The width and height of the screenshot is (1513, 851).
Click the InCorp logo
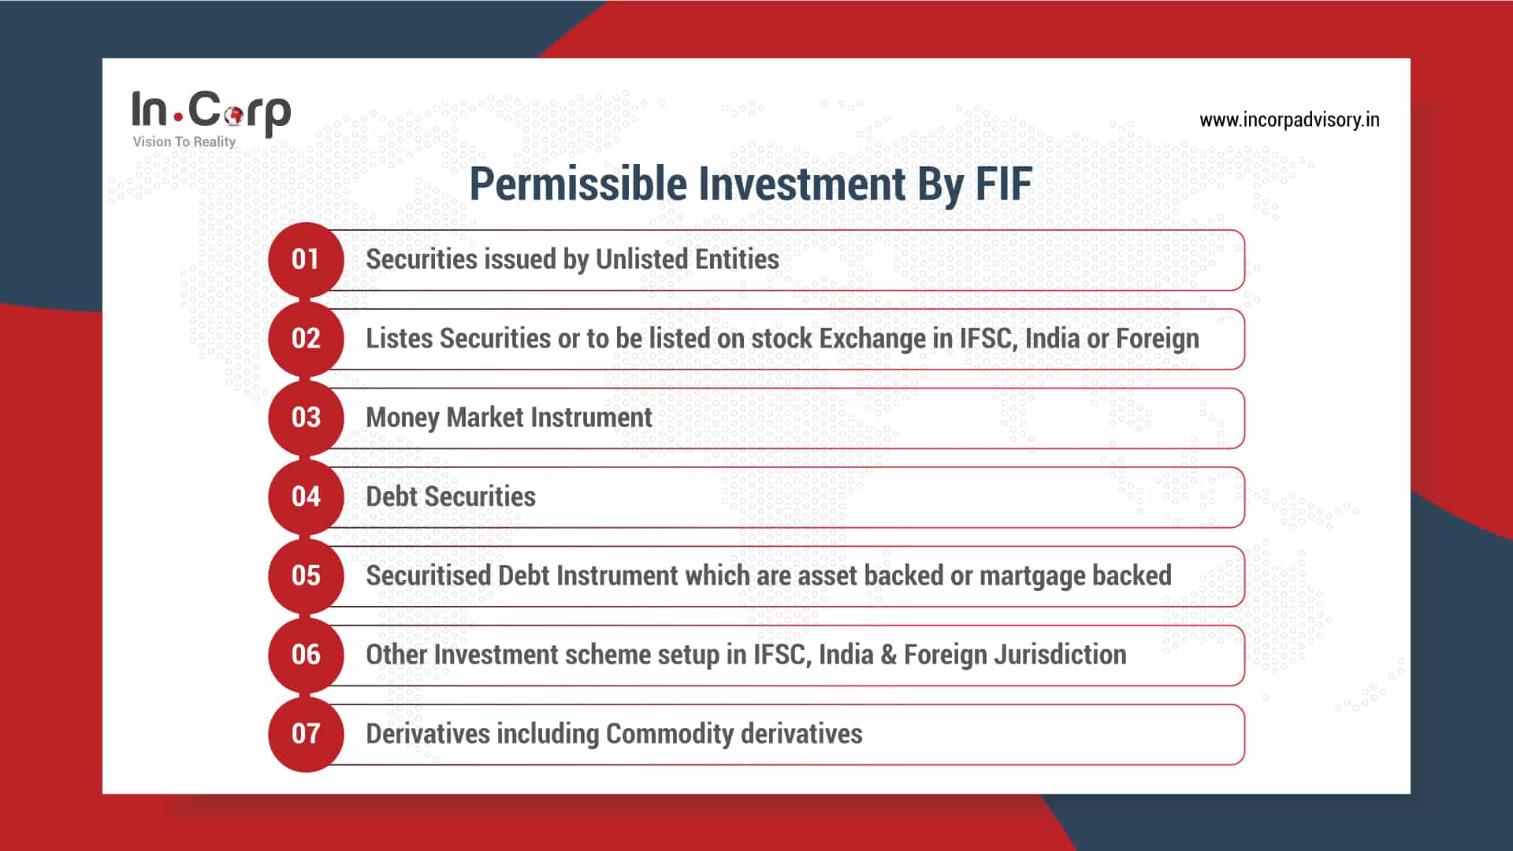click(x=211, y=112)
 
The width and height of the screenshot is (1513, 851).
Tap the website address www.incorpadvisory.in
click(x=1289, y=120)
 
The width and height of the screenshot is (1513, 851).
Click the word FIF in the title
click(x=1003, y=184)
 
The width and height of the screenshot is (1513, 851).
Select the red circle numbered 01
click(x=306, y=259)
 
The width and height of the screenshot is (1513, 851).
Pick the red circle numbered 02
click(x=306, y=339)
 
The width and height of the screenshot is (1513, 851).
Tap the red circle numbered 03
click(x=306, y=418)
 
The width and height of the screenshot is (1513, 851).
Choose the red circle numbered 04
click(x=306, y=496)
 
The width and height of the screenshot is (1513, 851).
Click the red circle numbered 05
click(x=306, y=575)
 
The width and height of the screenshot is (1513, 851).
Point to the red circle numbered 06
click(x=306, y=655)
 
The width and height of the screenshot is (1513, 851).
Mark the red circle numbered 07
click(x=306, y=734)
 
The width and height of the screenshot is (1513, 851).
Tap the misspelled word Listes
click(x=399, y=339)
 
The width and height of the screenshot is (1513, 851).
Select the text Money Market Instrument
click(x=509, y=418)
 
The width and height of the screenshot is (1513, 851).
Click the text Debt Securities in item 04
click(x=451, y=496)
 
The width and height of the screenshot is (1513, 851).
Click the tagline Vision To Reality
click(x=184, y=142)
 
